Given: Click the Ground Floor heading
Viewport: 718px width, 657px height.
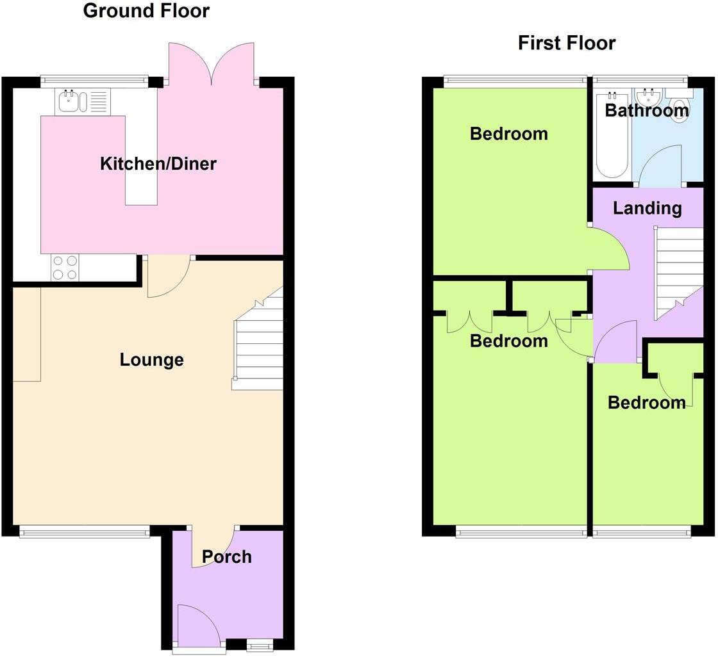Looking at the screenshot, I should click(146, 11).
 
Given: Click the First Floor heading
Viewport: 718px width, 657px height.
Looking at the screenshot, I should click(566, 43).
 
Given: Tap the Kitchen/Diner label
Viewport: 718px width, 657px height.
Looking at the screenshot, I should click(158, 163).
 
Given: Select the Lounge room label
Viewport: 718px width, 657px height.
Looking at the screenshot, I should click(151, 360).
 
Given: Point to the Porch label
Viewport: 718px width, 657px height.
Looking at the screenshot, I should click(227, 556).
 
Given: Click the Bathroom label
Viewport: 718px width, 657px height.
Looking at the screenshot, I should click(646, 111).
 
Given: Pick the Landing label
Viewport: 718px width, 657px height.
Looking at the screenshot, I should click(647, 208).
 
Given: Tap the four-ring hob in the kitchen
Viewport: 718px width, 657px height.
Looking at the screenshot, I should click(64, 268).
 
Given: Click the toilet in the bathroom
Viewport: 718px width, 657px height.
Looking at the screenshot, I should click(679, 102).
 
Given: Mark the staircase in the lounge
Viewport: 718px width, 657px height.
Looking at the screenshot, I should click(259, 346).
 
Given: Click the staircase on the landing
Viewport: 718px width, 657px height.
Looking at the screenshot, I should click(678, 272).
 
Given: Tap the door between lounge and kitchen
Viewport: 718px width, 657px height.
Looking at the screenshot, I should click(168, 277).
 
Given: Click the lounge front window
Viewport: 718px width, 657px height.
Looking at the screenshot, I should click(84, 530).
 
